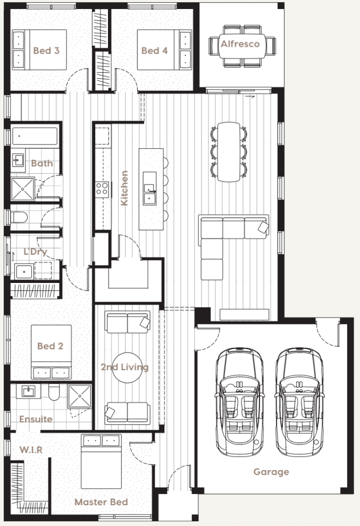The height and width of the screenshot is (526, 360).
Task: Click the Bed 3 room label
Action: pos(46,51)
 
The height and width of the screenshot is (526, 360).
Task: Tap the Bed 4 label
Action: pos(154,51)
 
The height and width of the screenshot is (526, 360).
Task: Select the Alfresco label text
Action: pos(240,44)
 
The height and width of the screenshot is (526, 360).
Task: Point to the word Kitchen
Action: pos(124,188)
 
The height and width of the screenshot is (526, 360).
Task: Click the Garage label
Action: pos(271,472)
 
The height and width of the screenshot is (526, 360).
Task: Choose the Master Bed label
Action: pos(101,502)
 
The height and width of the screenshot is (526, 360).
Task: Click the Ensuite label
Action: pos(36,419)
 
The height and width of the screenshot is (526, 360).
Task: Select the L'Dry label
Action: pos(35,252)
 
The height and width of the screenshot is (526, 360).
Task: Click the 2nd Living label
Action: pos(124,367)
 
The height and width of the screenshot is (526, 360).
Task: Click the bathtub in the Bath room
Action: pos(35,137)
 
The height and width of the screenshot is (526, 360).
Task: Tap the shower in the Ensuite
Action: pos(79,396)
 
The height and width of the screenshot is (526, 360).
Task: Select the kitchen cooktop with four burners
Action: pos(102,188)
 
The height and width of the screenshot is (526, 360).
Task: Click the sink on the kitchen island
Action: pos(149,198)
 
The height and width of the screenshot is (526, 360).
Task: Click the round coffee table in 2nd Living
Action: pos(128,368)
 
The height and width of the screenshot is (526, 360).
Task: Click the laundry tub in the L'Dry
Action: pos(24,272)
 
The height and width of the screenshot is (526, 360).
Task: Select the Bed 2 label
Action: pos(50,346)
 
